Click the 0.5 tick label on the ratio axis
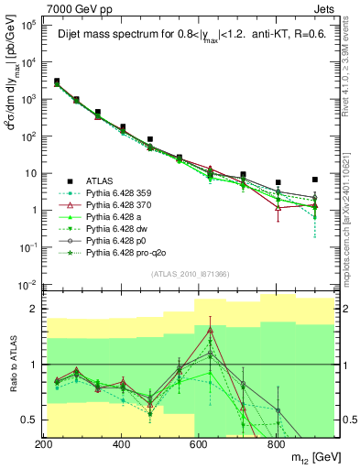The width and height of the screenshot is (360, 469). pos(27,420)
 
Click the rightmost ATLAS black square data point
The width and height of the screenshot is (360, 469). pos(315,180)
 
